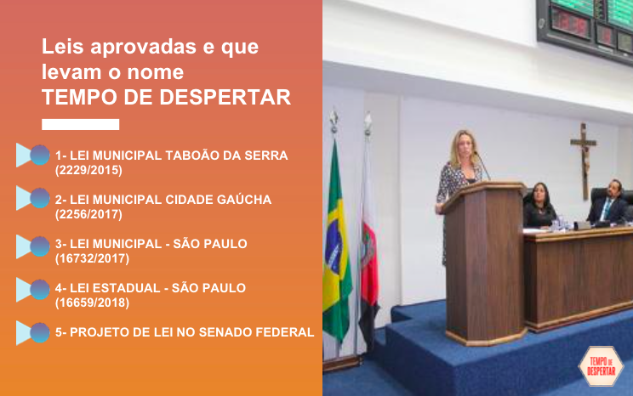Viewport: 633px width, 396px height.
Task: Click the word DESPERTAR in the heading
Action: [x=225, y=97]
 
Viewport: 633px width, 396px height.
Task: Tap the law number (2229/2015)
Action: [x=88, y=170]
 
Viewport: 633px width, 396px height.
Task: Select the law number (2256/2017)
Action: [x=88, y=214]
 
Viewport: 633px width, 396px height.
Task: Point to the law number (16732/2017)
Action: [x=92, y=258]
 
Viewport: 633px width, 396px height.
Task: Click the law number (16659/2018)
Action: [x=92, y=303]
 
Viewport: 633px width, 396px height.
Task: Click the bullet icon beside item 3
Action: [x=33, y=246]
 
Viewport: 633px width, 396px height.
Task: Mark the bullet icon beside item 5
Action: [x=33, y=332]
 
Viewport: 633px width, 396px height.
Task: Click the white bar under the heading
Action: [x=80, y=124]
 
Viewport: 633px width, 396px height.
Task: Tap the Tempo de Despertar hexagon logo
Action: [x=602, y=366]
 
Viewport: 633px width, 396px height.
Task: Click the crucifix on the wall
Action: [x=584, y=161]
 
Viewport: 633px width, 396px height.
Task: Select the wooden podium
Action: [x=485, y=262]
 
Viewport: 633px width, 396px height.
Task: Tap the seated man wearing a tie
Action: [x=608, y=203]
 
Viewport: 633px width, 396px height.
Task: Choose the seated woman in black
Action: [x=539, y=206]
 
